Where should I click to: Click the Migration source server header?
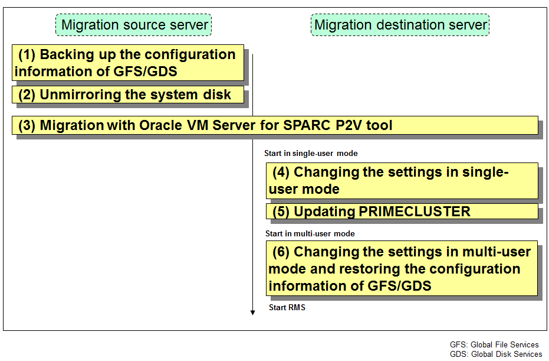click(133, 25)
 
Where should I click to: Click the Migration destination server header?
click(400, 25)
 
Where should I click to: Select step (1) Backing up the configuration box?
click(128, 63)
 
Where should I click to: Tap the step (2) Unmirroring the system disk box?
click(128, 95)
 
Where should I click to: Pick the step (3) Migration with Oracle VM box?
click(275, 125)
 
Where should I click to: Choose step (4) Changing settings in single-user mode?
click(402, 181)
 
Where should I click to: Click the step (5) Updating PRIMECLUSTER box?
click(402, 212)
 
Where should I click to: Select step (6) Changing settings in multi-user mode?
click(402, 268)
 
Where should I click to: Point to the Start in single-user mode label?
click(311, 153)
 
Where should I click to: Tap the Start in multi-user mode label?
click(310, 233)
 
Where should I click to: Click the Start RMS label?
click(287, 307)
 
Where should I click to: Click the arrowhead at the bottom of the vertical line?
click(252, 313)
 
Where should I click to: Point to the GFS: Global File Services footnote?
click(494, 345)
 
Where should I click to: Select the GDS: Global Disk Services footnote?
click(496, 355)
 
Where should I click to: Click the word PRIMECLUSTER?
click(415, 212)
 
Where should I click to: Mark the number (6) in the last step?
click(281, 252)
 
